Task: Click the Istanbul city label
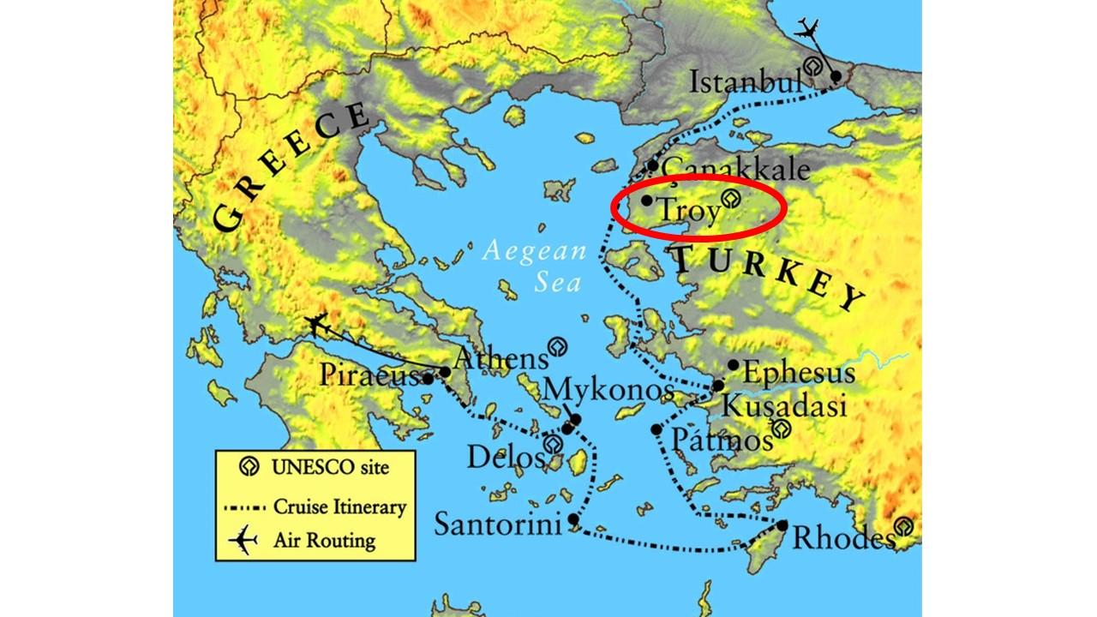746,83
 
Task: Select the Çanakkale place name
736,168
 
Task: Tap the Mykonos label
609,391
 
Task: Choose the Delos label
505,457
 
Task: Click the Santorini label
497,524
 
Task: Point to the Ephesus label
798,374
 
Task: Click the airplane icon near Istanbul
807,28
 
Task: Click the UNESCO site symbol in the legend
249,468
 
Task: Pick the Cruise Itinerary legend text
339,506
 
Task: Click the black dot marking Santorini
572,519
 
